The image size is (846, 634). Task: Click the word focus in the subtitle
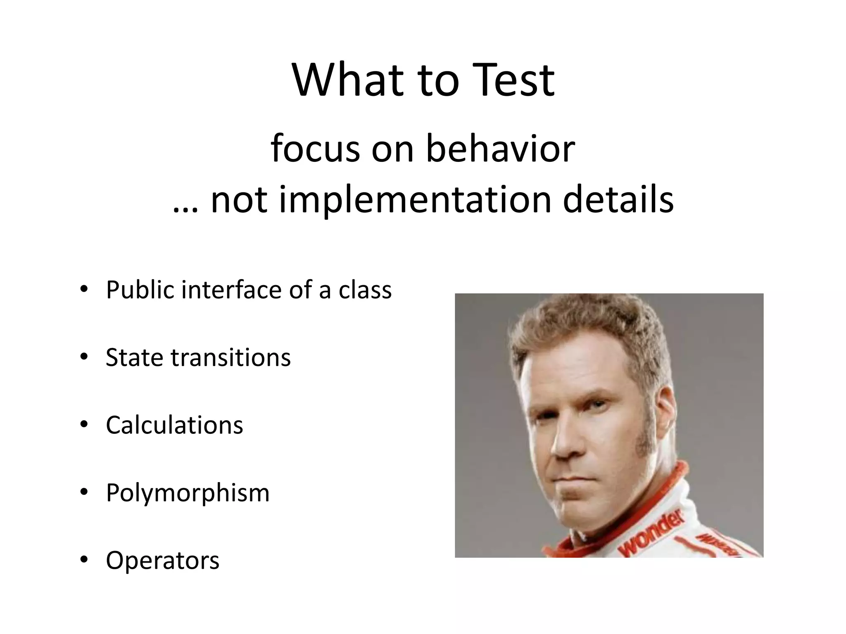coord(315,149)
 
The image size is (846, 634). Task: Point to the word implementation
coord(415,200)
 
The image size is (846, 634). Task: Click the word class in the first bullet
coord(365,290)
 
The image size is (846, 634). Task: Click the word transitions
coord(231,357)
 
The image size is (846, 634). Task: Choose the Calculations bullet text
coord(174,425)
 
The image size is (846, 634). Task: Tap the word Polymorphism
coord(188,493)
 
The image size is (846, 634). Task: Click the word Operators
coord(162,561)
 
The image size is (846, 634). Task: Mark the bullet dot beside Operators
coord(84,560)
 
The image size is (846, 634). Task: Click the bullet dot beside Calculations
coord(84,424)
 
